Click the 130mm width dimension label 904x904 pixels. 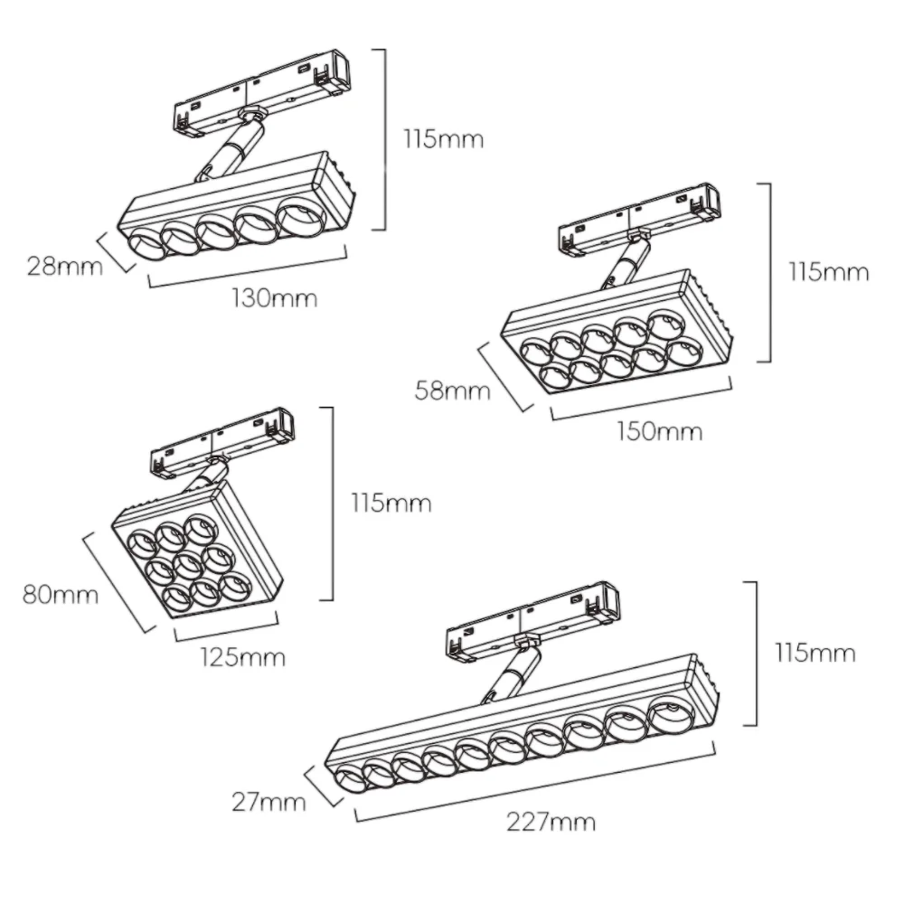pyautogui.click(x=275, y=298)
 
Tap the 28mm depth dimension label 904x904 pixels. pyautogui.click(x=64, y=267)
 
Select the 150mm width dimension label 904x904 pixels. pyautogui.click(x=660, y=431)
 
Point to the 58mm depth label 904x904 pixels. pyautogui.click(x=452, y=391)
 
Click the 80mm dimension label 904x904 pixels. pyautogui.click(x=61, y=595)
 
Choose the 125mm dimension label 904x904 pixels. pyautogui.click(x=242, y=657)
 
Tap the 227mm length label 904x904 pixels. pyautogui.click(x=551, y=822)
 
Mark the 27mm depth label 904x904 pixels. pyautogui.click(x=268, y=802)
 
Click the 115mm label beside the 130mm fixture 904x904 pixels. pyautogui.click(x=443, y=139)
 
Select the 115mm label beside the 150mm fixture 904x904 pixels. pyautogui.click(x=828, y=272)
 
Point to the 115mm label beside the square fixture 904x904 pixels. pyautogui.click(x=391, y=504)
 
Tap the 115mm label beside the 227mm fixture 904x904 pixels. pyautogui.click(x=815, y=654)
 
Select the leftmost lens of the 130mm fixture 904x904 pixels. pyautogui.click(x=143, y=244)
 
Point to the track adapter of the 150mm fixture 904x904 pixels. pyautogui.click(x=639, y=219)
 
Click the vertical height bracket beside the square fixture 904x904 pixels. pyautogui.click(x=329, y=504)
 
